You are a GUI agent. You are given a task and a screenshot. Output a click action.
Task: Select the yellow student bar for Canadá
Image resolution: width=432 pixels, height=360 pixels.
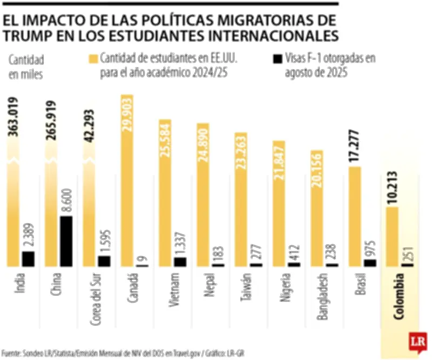tap(126, 181)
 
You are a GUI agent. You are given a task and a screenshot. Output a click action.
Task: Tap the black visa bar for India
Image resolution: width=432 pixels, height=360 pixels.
tap(28, 258)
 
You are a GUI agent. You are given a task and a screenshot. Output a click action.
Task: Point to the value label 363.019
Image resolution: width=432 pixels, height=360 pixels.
tap(15, 117)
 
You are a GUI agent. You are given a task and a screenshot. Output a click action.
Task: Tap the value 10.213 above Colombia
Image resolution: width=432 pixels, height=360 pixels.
tap(393, 189)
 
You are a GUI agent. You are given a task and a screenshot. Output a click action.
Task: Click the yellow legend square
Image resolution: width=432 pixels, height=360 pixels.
tap(93, 58)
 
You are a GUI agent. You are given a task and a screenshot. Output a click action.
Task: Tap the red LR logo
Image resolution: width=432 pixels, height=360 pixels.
tap(417, 342)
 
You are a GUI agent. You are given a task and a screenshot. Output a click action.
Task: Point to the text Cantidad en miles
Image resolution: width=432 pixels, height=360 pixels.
tap(25, 66)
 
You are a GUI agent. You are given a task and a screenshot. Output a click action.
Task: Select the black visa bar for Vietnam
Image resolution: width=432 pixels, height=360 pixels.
tap(180, 262)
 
